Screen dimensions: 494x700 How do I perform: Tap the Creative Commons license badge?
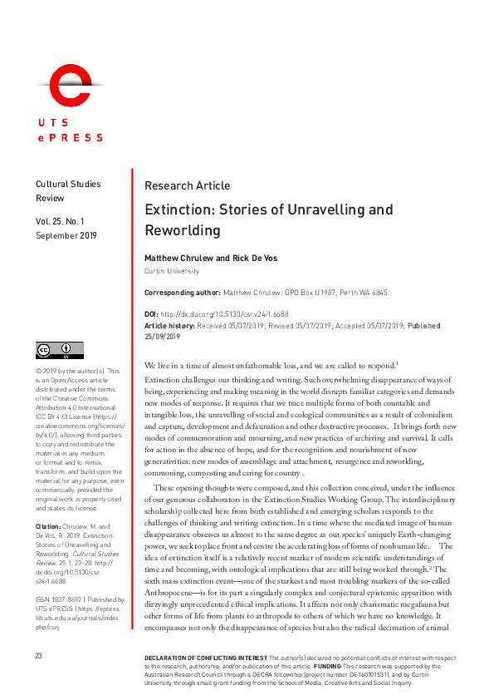(58, 350)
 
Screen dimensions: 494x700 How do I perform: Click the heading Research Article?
(187, 185)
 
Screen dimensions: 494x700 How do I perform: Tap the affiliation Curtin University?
(172, 271)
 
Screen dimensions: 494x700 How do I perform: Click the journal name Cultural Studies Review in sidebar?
(67, 191)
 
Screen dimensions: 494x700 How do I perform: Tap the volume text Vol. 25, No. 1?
(66, 221)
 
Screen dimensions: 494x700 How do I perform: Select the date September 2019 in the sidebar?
(66, 235)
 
